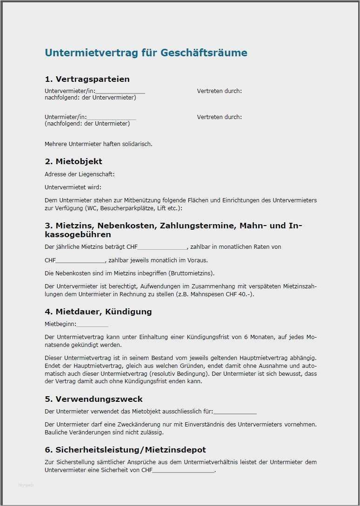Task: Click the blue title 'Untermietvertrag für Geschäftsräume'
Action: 146,53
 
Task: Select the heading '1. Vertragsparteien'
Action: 87,79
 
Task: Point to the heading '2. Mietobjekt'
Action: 73,161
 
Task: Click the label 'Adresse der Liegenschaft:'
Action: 80,174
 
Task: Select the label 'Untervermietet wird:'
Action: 73,187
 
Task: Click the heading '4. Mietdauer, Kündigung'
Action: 98,312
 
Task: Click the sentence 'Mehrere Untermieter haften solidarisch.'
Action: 99,144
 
